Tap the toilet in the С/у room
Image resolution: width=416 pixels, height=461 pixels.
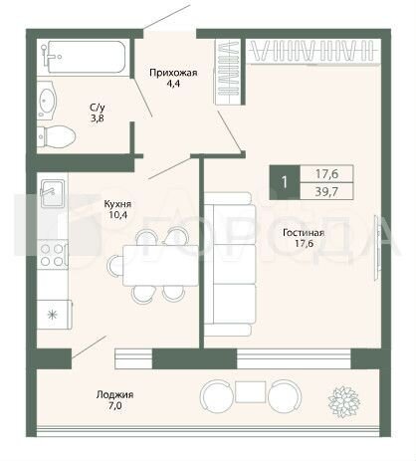pos(56,136)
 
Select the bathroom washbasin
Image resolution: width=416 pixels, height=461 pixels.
pos(47,100)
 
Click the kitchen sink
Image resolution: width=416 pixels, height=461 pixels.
pos(53,193)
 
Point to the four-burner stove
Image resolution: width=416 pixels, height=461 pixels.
pos(53,254)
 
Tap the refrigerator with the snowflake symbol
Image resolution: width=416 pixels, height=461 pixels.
pos(54,315)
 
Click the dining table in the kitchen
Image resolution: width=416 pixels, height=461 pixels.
pos(160,265)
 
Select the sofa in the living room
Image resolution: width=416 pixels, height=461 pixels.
pos(230,264)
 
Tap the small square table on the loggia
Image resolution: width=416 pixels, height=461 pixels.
pos(251,391)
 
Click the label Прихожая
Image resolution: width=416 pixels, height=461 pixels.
pos(173,73)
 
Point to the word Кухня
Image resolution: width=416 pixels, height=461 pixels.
pos(117,203)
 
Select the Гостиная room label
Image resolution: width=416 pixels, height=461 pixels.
pos(304,233)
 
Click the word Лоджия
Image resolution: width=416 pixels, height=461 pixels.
pos(115,395)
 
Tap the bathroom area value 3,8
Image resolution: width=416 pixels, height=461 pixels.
pos(98,118)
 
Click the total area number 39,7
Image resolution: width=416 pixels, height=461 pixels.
pos(326,192)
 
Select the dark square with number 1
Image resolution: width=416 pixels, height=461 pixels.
pos(285,182)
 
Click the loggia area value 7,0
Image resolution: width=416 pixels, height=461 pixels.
pos(114,405)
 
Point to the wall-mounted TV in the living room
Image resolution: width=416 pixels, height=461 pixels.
pos(377,248)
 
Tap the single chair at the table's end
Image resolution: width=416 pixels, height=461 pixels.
pos(114,265)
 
